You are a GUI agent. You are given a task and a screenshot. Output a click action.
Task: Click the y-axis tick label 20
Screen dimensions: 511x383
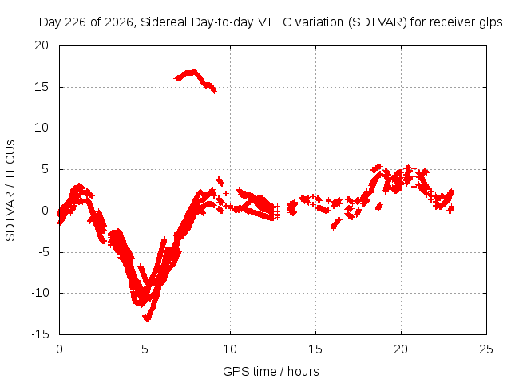(x=42, y=45)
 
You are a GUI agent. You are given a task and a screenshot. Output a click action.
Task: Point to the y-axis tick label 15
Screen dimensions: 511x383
(x=42, y=87)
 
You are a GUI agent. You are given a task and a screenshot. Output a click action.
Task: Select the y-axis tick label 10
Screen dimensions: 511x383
(x=42, y=128)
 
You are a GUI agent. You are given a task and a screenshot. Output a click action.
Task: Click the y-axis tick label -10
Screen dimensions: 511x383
(x=40, y=293)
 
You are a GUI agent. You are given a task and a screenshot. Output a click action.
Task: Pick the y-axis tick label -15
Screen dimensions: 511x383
(x=40, y=334)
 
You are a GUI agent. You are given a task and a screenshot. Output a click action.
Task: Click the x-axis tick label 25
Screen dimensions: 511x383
(x=486, y=349)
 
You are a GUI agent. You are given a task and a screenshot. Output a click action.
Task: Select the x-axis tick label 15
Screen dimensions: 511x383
(x=315, y=349)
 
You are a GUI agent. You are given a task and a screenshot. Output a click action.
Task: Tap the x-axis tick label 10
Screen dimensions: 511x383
(x=230, y=349)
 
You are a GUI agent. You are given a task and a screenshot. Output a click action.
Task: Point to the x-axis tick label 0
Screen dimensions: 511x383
(x=59, y=349)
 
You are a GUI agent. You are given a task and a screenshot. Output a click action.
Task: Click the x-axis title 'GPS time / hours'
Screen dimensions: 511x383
(x=271, y=371)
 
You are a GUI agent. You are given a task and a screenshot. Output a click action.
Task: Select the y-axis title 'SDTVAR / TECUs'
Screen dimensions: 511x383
(x=10, y=191)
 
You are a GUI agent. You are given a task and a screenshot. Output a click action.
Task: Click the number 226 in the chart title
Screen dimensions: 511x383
(x=75, y=22)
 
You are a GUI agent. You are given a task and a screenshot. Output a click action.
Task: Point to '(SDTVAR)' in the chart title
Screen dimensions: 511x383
(x=378, y=22)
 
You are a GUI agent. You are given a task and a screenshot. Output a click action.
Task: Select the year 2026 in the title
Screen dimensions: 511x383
(x=119, y=22)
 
